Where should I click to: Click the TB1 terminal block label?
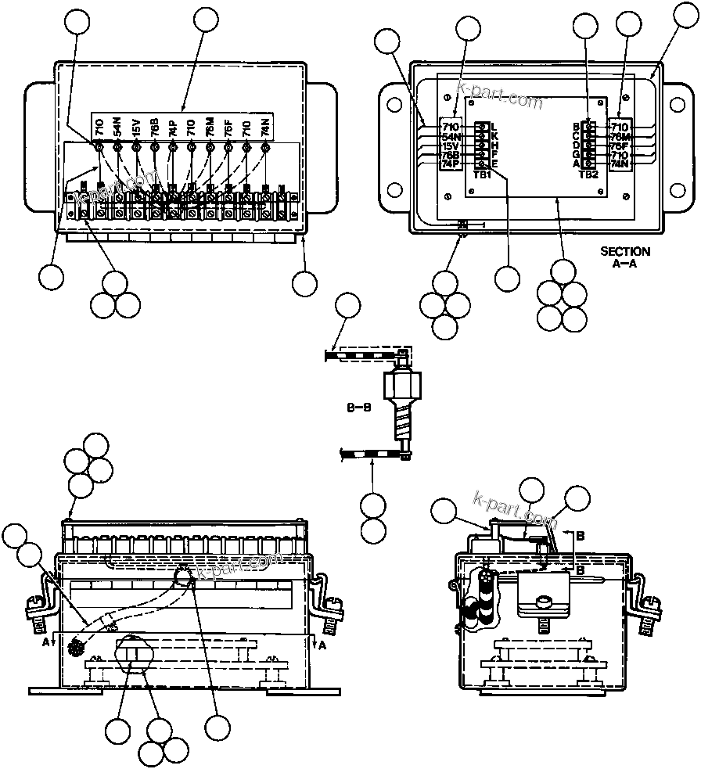(x=483, y=174)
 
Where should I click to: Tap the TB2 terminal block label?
(x=588, y=174)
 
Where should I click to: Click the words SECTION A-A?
(x=624, y=257)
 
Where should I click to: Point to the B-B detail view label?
(x=358, y=408)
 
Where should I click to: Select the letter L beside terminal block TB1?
(x=494, y=127)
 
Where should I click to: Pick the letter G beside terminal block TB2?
(x=576, y=154)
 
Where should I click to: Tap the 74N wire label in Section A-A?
(x=620, y=164)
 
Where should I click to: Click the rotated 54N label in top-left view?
(x=117, y=125)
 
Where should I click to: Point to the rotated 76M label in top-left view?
(x=210, y=125)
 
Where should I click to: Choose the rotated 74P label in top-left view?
(x=172, y=125)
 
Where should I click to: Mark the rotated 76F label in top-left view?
(x=228, y=125)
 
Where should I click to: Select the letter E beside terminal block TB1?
(x=494, y=164)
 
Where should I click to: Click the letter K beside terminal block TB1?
(x=494, y=136)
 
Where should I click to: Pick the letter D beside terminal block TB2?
(x=576, y=146)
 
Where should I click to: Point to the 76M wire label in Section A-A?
(x=620, y=136)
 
